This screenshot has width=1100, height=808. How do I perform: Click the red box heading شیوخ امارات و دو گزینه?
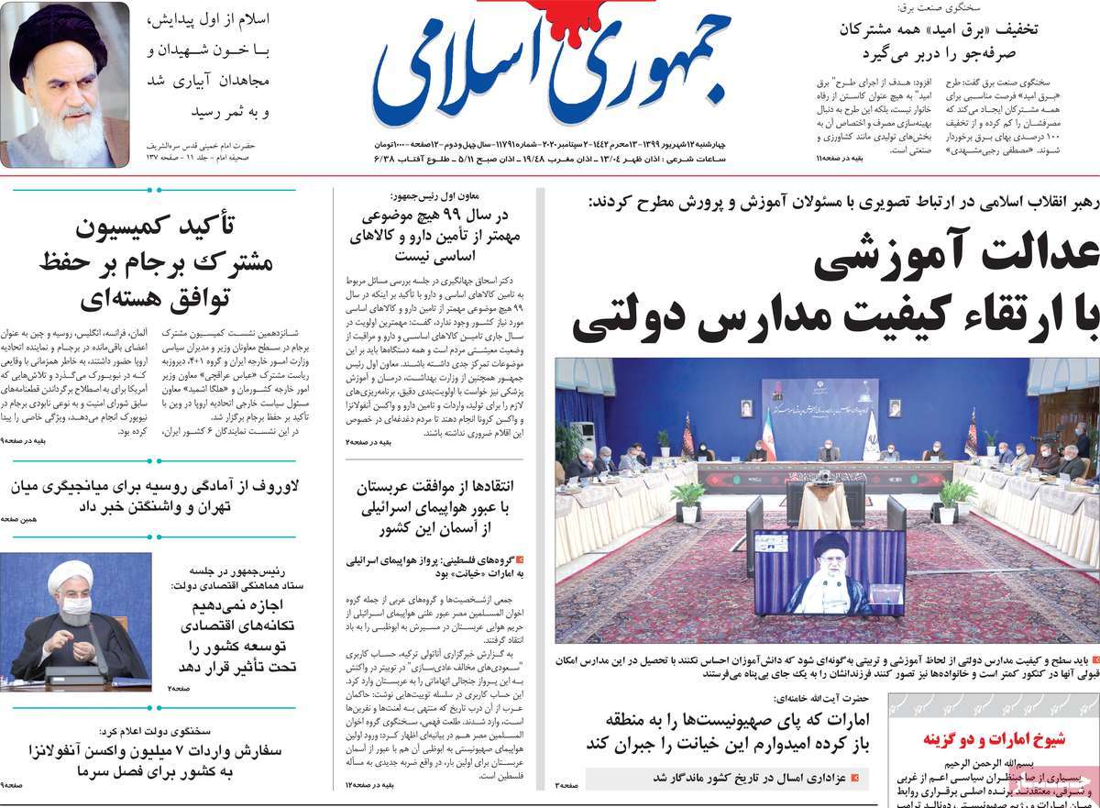[993, 739]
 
